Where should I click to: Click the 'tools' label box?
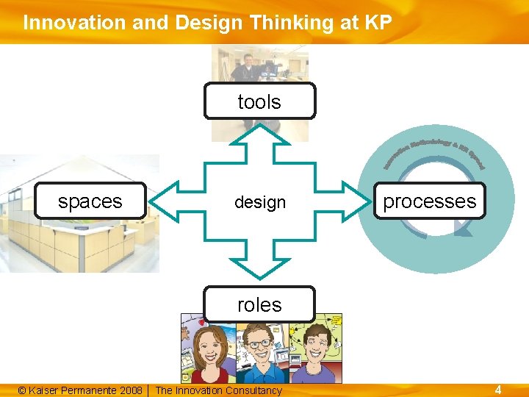pyautogui.click(x=259, y=101)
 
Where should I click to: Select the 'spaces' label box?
pyautogui.click(x=90, y=201)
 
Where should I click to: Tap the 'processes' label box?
pyautogui.click(x=430, y=201)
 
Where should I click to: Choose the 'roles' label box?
pyautogui.click(x=259, y=304)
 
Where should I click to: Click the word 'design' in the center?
pyautogui.click(x=259, y=201)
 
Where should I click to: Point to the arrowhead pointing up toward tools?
pyautogui.click(x=259, y=132)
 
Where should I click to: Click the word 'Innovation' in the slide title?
pyautogui.click(x=65, y=23)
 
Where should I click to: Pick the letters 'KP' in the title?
pyautogui.click(x=377, y=23)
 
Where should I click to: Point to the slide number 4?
pyautogui.click(x=497, y=390)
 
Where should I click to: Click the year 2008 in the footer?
pyautogui.click(x=130, y=390)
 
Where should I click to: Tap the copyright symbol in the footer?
pyautogui.click(x=21, y=390)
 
